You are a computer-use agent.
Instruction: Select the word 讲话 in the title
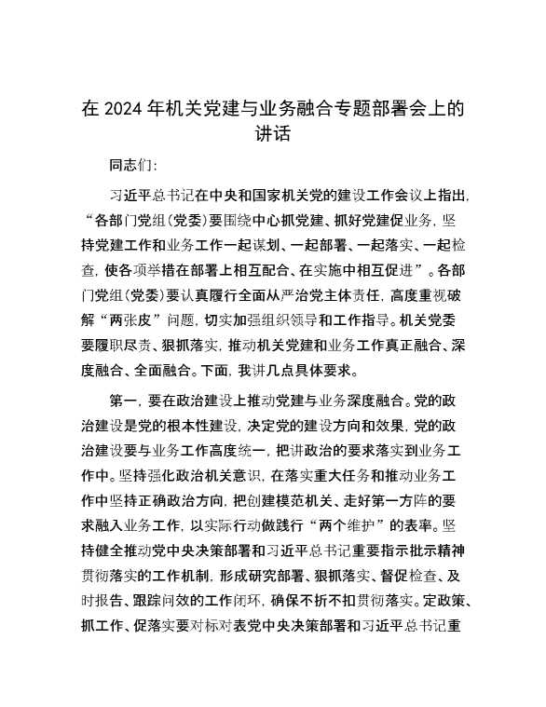pos(272,134)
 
